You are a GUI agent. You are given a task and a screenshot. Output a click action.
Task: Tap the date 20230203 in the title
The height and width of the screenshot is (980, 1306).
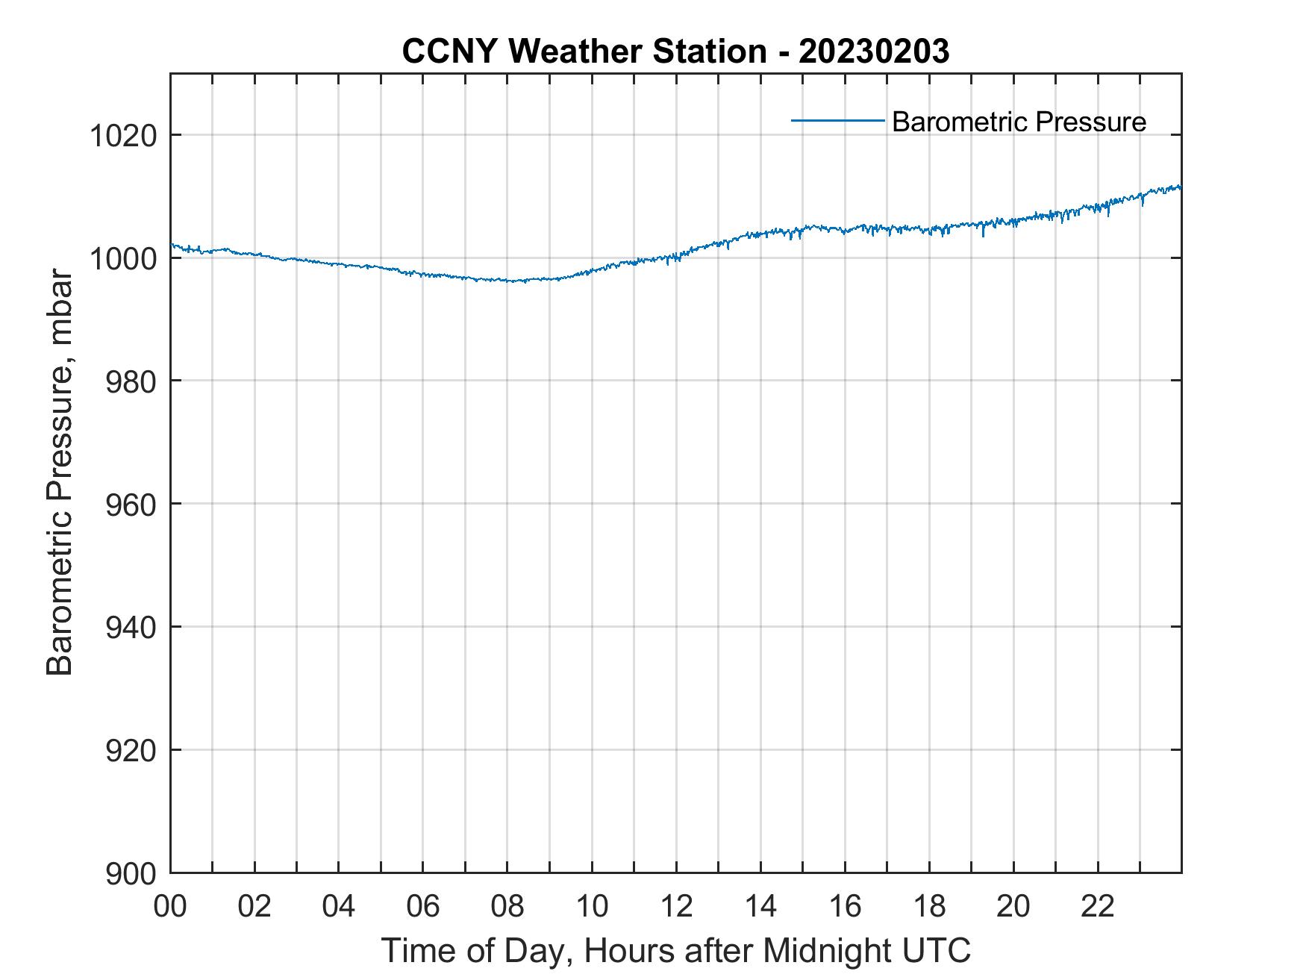pyautogui.click(x=873, y=52)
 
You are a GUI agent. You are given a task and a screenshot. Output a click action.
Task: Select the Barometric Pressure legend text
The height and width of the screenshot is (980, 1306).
pyautogui.click(x=1019, y=122)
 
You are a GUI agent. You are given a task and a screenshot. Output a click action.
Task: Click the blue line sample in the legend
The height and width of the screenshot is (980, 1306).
pyautogui.click(x=837, y=120)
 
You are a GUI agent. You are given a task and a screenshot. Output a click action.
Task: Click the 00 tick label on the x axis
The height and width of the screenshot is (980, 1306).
pyautogui.click(x=170, y=907)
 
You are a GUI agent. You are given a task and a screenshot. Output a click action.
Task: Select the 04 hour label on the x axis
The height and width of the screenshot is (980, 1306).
pyautogui.click(x=339, y=907)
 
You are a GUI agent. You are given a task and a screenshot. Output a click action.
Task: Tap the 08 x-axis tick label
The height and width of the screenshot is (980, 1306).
pyautogui.click(x=507, y=907)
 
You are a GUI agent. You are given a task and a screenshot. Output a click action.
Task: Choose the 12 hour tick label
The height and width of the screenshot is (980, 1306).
pyautogui.click(x=676, y=907)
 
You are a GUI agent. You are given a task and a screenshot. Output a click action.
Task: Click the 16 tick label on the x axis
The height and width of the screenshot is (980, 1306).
pyautogui.click(x=845, y=907)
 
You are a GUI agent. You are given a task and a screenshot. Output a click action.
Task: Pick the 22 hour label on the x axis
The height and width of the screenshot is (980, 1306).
pyautogui.click(x=1098, y=907)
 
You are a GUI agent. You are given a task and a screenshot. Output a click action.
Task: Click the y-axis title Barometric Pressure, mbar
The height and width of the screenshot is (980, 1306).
pyautogui.click(x=60, y=473)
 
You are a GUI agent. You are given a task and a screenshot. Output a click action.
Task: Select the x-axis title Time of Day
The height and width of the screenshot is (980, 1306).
pyautogui.click(x=676, y=951)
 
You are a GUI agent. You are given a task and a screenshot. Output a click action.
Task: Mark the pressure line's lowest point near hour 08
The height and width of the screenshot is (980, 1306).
pyautogui.click(x=513, y=282)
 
